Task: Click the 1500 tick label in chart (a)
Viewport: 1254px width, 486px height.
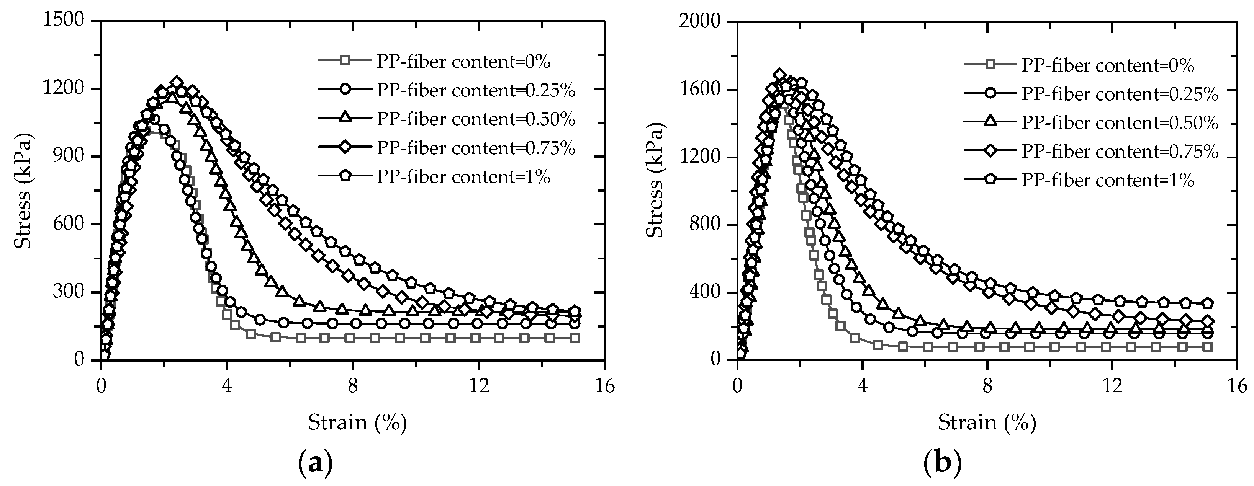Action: pos(64,20)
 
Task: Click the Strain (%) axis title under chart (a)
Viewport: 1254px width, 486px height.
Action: pos(357,422)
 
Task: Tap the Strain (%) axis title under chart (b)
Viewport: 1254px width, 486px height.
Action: pos(987,422)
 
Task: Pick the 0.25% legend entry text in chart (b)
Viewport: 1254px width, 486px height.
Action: pos(1120,93)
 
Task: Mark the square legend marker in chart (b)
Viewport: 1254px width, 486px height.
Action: pos(990,65)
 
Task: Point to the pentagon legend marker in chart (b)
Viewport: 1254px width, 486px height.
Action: pos(990,180)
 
